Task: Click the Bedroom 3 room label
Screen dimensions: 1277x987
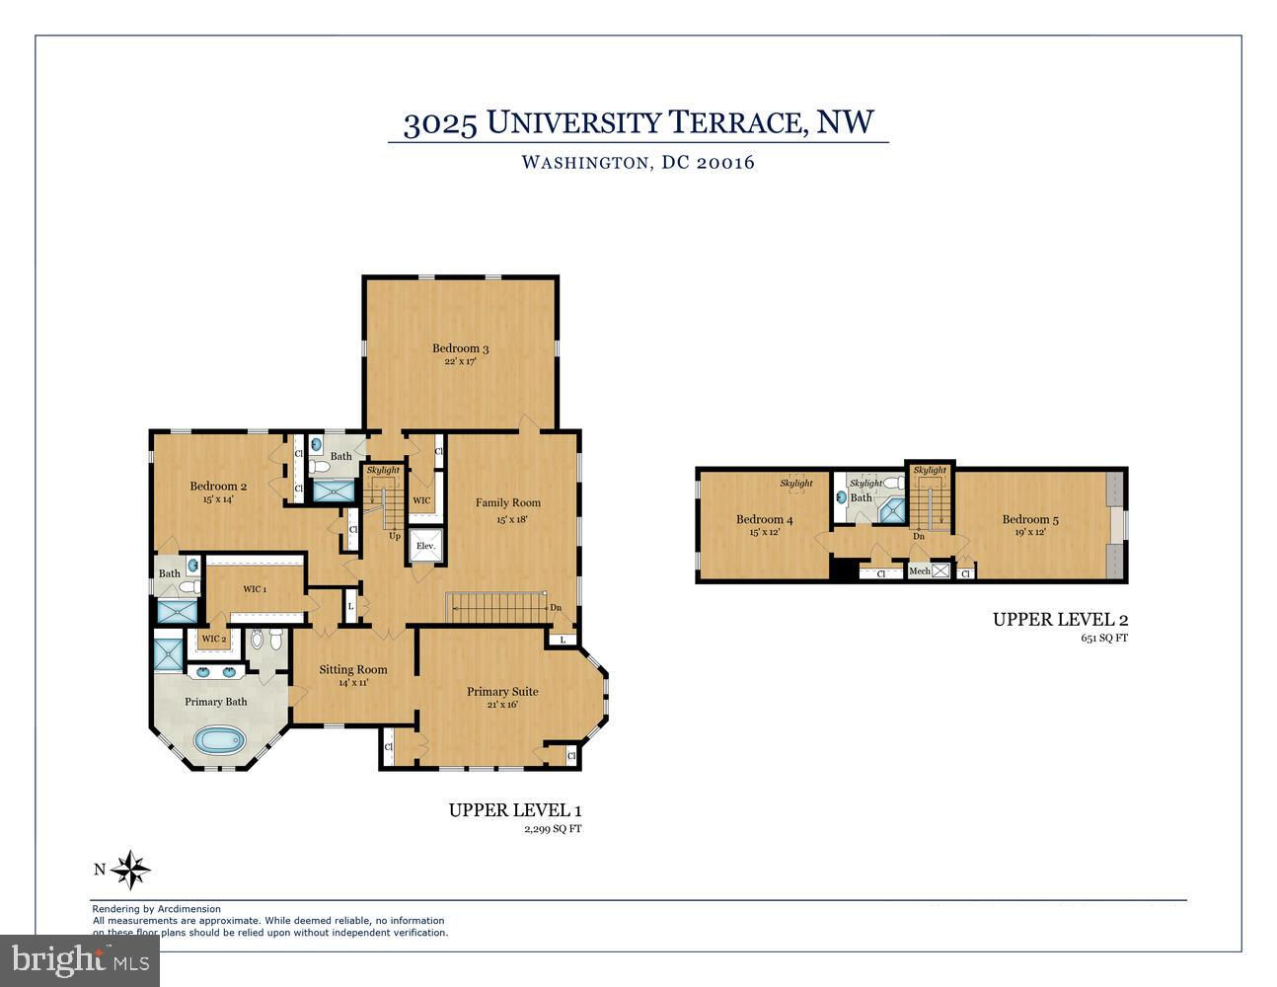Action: (x=460, y=347)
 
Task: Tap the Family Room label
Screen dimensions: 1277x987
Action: (x=508, y=502)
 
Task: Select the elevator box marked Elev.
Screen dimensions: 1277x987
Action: (x=425, y=546)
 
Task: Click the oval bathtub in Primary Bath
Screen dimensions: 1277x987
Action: (x=220, y=741)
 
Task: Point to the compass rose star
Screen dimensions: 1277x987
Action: (x=130, y=870)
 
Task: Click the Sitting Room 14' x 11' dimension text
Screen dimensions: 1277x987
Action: (x=353, y=683)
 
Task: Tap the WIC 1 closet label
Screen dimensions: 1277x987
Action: (x=255, y=588)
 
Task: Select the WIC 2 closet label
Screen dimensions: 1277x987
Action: (x=214, y=639)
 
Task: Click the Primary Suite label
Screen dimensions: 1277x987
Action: (x=502, y=692)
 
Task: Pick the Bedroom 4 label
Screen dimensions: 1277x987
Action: (x=765, y=519)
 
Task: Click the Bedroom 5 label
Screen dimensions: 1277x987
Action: (x=1030, y=519)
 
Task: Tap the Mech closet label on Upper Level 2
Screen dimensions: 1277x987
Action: (x=919, y=570)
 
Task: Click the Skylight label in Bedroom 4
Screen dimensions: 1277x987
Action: (x=796, y=483)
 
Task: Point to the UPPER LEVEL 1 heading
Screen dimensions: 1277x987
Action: (x=515, y=810)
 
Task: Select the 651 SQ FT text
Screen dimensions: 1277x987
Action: (x=1104, y=638)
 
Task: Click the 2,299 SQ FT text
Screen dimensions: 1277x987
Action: (x=553, y=829)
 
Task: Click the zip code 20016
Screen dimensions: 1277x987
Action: (x=725, y=162)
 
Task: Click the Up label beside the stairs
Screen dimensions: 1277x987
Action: (x=395, y=536)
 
